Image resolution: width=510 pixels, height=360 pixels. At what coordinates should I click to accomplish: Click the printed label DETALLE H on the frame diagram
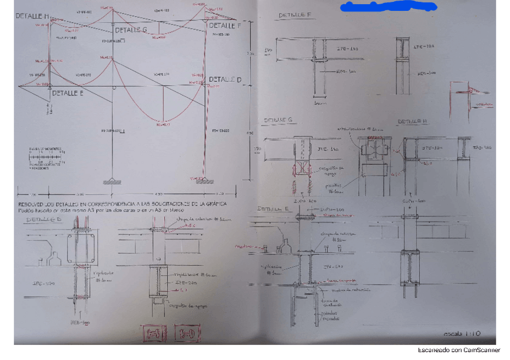click(x=33, y=16)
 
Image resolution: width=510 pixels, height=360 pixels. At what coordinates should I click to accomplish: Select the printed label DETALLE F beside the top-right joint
click(x=224, y=26)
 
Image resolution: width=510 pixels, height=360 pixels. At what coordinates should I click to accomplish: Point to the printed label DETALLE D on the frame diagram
click(x=225, y=79)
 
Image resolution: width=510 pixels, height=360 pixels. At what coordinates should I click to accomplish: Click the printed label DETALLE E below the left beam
click(x=68, y=93)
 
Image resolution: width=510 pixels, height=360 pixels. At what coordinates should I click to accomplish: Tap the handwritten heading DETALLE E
click(x=274, y=209)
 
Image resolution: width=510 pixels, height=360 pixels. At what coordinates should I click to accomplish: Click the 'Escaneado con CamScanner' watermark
click(x=459, y=350)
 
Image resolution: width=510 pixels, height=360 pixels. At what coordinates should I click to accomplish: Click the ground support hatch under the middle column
click(x=112, y=180)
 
